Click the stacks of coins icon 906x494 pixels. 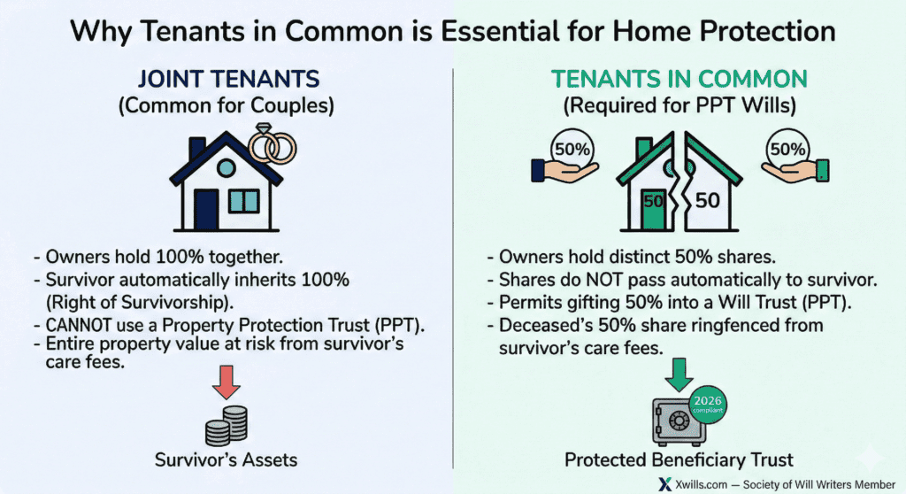coord(226,426)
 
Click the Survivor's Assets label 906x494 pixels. coord(226,459)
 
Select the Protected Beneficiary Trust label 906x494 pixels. coord(679,459)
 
